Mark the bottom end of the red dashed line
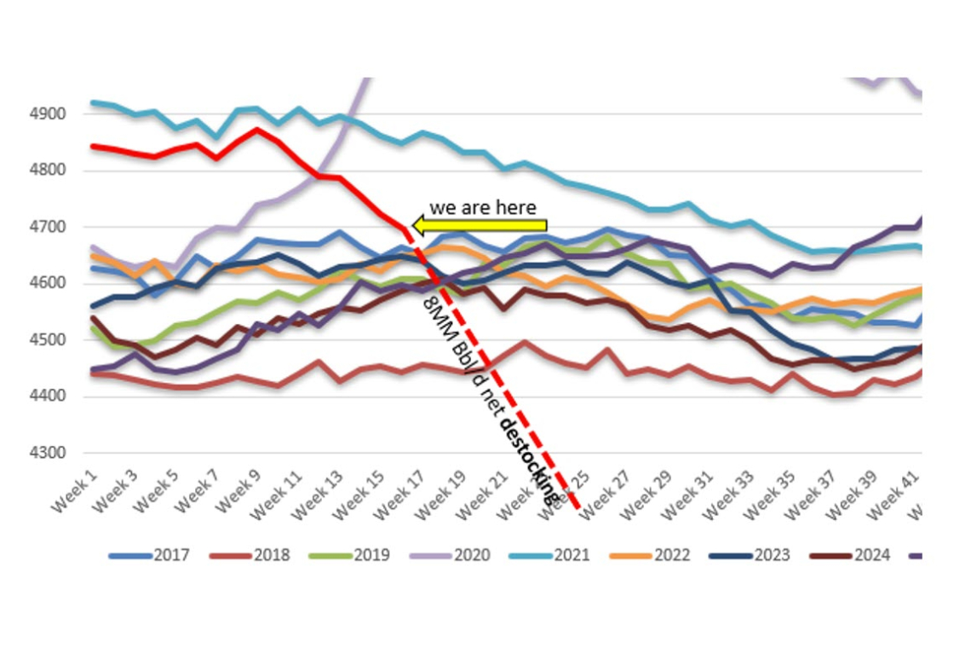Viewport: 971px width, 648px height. tap(580, 509)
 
